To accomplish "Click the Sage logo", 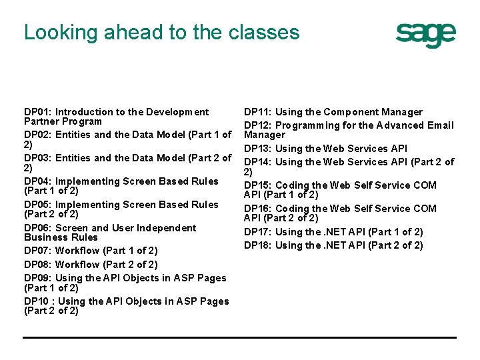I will point(426,35).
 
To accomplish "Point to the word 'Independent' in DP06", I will point(167,228).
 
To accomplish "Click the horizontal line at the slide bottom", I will point(240,337).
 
